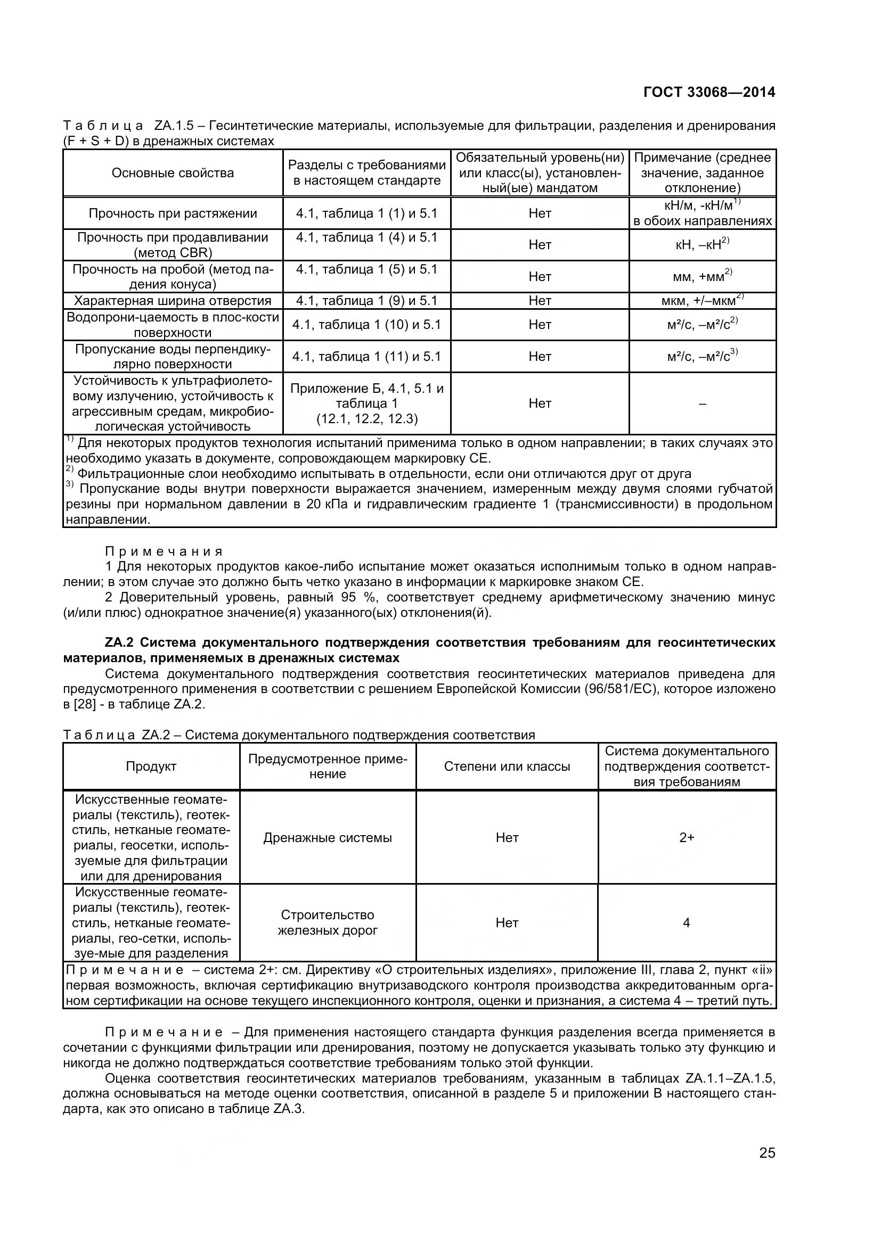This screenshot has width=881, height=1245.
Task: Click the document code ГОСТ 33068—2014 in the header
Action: tap(709, 92)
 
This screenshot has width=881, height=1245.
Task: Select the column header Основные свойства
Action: tap(173, 173)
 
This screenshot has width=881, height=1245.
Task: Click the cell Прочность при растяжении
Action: tap(173, 213)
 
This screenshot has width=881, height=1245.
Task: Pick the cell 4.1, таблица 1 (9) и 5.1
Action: tap(366, 300)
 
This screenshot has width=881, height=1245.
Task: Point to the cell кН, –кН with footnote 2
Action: tap(702, 244)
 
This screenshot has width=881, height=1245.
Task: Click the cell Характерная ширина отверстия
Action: tap(173, 300)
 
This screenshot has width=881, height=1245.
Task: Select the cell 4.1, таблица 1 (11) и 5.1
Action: tap(366, 356)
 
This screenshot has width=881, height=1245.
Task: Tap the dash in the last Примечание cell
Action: tap(703, 403)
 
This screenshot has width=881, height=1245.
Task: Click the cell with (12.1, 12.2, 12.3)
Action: tap(366, 418)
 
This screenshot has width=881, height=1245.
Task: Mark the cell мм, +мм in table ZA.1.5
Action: tap(702, 277)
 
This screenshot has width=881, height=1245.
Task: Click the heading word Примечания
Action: tap(164, 551)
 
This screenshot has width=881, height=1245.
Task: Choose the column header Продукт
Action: tap(151, 766)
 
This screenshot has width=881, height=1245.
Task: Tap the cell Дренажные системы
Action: tap(327, 838)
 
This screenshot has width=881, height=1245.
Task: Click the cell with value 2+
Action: tap(687, 838)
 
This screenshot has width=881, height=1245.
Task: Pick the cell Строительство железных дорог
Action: tap(327, 923)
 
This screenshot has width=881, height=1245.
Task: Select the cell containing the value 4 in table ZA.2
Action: tap(686, 923)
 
